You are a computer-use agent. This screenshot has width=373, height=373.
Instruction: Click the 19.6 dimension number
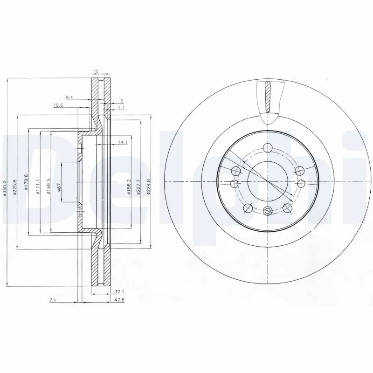point(58,105)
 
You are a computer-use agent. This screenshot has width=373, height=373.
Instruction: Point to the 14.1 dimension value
point(123,142)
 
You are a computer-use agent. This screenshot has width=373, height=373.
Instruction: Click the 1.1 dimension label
point(121,108)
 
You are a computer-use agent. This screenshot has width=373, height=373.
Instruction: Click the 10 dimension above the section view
point(96,71)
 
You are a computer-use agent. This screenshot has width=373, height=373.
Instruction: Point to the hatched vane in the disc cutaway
point(267,97)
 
